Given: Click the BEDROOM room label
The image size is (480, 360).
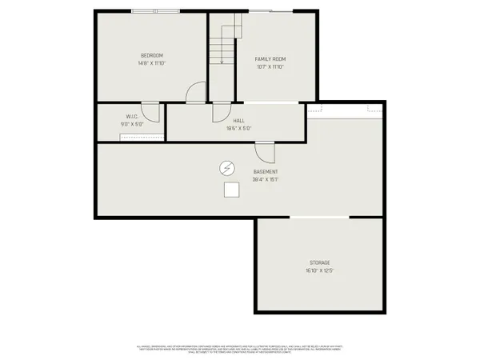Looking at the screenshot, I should pyautogui.click(x=152, y=55).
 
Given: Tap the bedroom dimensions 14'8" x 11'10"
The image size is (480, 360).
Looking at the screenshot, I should pyautogui.click(x=152, y=63).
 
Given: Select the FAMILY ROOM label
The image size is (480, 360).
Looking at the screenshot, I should pyautogui.click(x=270, y=59).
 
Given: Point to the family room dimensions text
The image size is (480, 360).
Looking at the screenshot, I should pyautogui.click(x=270, y=67).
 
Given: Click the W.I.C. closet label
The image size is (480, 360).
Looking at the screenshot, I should pyautogui.click(x=132, y=116).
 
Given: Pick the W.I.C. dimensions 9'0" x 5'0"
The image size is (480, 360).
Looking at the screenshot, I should pyautogui.click(x=132, y=124).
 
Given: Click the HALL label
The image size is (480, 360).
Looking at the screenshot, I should pyautogui.click(x=238, y=120).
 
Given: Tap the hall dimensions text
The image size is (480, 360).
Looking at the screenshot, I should pyautogui.click(x=238, y=128).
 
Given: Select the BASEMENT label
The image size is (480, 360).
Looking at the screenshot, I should pyautogui.click(x=266, y=172).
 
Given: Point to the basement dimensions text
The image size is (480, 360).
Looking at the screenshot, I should pyautogui.click(x=266, y=180).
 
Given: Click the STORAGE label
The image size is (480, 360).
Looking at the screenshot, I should pyautogui.click(x=320, y=262).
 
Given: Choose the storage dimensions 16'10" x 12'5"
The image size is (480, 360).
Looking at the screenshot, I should pyautogui.click(x=320, y=270).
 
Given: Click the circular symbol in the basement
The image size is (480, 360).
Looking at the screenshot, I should pyautogui.click(x=228, y=168).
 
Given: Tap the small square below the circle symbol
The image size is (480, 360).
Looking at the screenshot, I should pyautogui.click(x=231, y=190).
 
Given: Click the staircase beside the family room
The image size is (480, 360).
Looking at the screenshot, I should pyautogui.click(x=224, y=44).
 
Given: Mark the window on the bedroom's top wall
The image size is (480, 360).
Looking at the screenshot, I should pyautogui.click(x=157, y=11).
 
